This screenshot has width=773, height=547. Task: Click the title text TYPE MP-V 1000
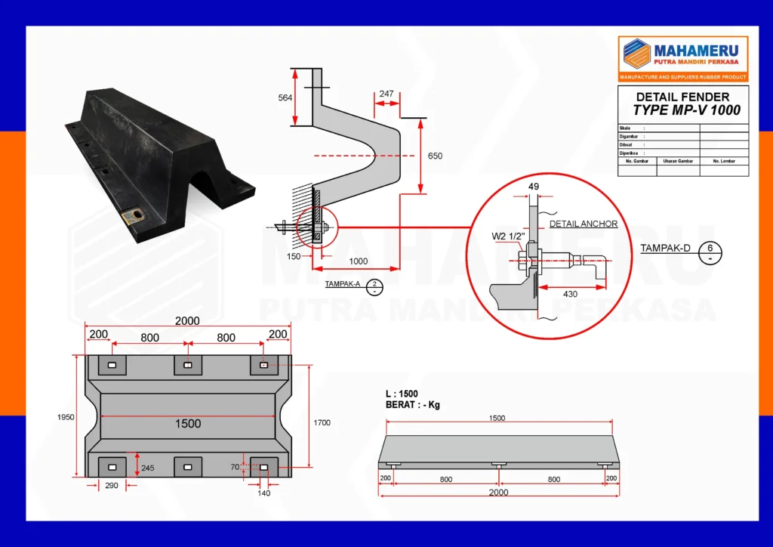(x=686, y=110)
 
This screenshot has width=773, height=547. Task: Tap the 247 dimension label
(x=386, y=94)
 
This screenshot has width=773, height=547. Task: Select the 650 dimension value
(x=435, y=156)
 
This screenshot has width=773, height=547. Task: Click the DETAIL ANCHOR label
(x=583, y=224)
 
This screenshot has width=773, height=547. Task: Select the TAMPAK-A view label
(x=343, y=285)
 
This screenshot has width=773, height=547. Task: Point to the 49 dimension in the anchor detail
(x=534, y=186)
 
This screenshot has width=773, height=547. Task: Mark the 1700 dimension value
(x=322, y=423)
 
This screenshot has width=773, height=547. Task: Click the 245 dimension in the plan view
(x=147, y=468)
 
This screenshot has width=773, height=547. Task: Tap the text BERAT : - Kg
(x=412, y=405)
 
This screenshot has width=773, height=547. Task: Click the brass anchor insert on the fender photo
(x=137, y=218)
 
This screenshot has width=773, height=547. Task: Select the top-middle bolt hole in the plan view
(x=188, y=366)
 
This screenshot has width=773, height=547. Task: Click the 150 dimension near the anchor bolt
(x=293, y=257)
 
